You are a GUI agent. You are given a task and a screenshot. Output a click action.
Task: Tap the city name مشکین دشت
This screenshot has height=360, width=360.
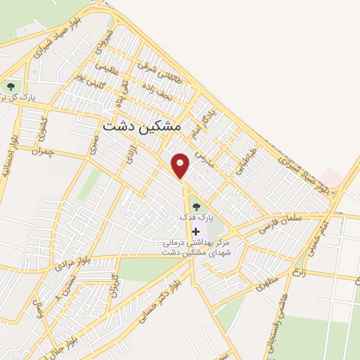pos(142,127)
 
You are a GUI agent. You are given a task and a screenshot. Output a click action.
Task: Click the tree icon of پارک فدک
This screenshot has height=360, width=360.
pos(195,207)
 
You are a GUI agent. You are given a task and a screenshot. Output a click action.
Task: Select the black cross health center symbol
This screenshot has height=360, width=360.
pos(195,231)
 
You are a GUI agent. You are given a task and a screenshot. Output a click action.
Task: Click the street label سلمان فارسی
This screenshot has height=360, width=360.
pos(280,223)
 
